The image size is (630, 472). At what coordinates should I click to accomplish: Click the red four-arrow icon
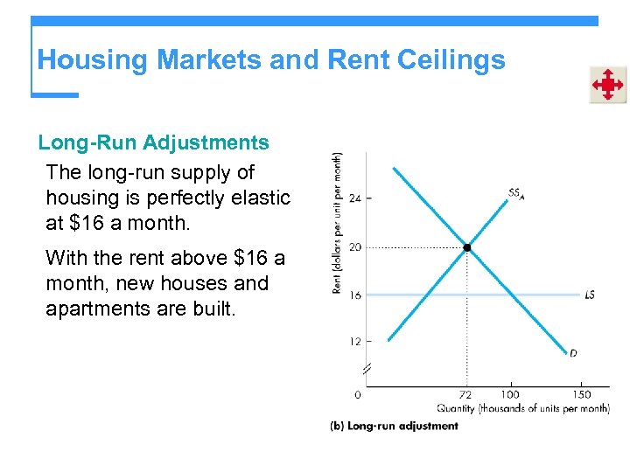click(x=607, y=85)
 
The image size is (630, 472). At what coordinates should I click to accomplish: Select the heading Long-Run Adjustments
click(x=153, y=142)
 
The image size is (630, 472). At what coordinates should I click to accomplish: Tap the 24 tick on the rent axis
click(x=355, y=198)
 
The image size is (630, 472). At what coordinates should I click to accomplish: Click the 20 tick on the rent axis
click(x=355, y=247)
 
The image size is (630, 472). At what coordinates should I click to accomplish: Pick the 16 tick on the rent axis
click(x=355, y=295)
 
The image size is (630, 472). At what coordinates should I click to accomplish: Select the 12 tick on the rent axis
click(x=355, y=341)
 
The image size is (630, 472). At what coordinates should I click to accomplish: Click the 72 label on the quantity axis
click(x=465, y=394)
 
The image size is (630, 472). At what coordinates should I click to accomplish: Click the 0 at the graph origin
click(x=358, y=394)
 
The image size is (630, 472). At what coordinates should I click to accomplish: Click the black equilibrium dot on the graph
click(x=466, y=248)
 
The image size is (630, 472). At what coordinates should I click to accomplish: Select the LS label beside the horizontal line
click(x=590, y=295)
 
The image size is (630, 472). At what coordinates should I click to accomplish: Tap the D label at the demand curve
click(x=573, y=353)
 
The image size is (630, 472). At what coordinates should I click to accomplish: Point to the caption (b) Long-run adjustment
click(x=394, y=426)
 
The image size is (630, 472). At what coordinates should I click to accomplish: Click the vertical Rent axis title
click(x=338, y=223)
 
